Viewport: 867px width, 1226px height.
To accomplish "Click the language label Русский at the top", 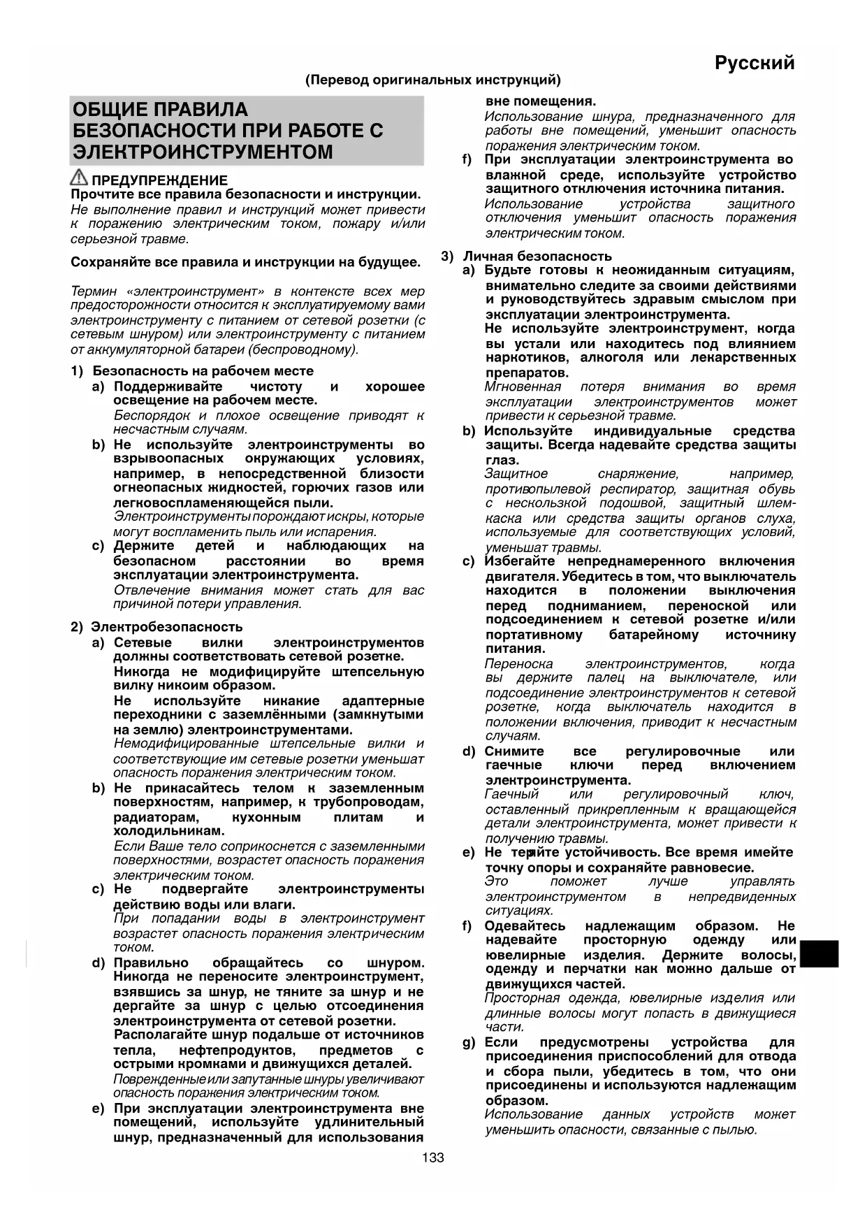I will pyautogui.click(x=755, y=63).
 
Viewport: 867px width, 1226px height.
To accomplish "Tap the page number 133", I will pyautogui.click(x=433, y=1158).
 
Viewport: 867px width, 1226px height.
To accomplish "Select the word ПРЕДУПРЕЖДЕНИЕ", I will pyautogui.click(x=160, y=180).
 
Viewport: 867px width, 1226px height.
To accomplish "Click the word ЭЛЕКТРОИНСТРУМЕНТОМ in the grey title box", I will pyautogui.click(x=203, y=152).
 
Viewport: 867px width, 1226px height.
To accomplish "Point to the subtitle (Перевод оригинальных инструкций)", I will pyautogui.click(x=432, y=80).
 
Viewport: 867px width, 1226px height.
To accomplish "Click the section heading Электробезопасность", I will pyautogui.click(x=167, y=627).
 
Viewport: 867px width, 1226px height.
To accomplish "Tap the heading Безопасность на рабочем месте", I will pyautogui.click(x=203, y=371).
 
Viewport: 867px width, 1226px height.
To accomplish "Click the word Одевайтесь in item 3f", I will pyautogui.click(x=525, y=926).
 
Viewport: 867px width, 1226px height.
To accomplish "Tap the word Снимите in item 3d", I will pyautogui.click(x=514, y=751).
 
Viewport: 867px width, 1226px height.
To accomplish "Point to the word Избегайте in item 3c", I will pyautogui.click(x=520, y=561).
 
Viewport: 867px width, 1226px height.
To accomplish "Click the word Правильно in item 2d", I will pyautogui.click(x=150, y=963).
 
